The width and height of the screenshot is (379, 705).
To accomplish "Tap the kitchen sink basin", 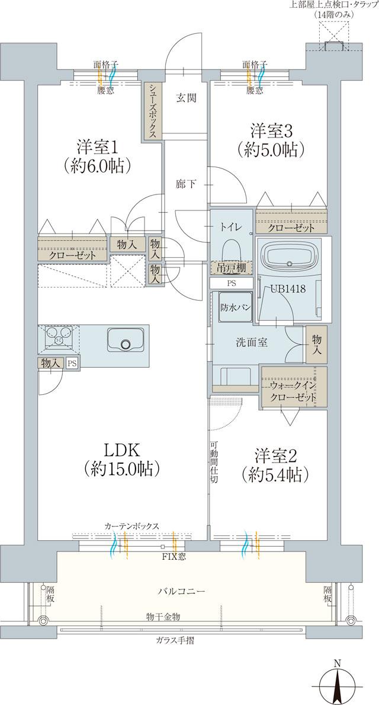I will coord(125,341).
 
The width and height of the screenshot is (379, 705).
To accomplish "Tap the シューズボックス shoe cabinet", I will coord(152,111).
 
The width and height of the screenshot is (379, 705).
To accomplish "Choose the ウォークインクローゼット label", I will coord(292,392).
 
